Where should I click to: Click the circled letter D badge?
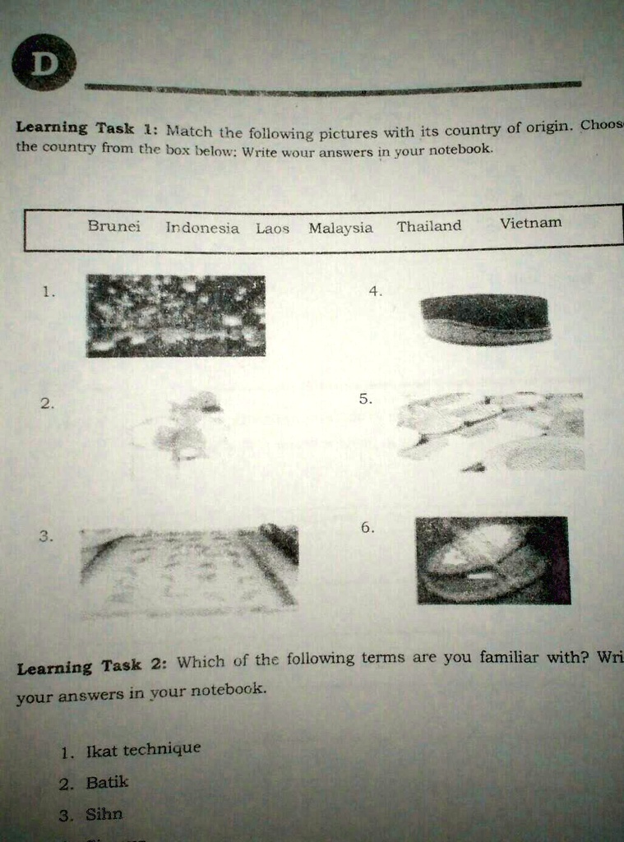pos(44,63)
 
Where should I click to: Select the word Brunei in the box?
pos(114,226)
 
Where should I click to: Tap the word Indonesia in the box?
pos(202,228)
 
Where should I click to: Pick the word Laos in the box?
pos(272,229)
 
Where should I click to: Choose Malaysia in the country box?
pos(340,229)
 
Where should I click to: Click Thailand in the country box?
pos(429,226)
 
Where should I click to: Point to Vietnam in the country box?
pos(530,223)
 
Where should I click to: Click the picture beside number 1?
pos(176,316)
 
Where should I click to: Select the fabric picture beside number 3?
pos(189,569)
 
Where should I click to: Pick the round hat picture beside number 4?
pos(486,319)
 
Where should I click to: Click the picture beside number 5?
pos(491,431)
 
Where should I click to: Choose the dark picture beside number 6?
pos(492,560)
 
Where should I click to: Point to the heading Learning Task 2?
pos(92,666)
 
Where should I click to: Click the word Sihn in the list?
pos(104,814)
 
